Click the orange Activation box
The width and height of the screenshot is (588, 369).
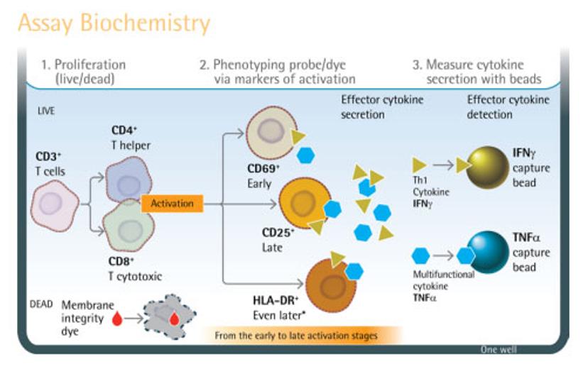(x=173, y=204)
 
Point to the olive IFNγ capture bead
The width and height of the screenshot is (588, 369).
(x=489, y=166)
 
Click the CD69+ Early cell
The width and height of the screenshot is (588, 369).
(x=271, y=133)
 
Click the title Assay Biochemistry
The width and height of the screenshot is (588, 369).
(x=114, y=23)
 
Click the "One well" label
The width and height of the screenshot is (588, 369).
(x=499, y=350)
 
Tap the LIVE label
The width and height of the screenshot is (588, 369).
(x=45, y=111)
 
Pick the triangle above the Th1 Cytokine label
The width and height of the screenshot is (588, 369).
(x=419, y=165)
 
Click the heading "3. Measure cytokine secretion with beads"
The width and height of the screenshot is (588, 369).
(x=477, y=72)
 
